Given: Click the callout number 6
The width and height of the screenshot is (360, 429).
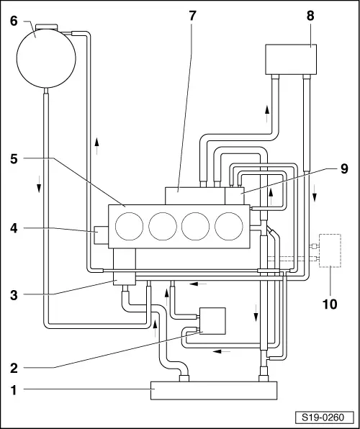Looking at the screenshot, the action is coord(14,22).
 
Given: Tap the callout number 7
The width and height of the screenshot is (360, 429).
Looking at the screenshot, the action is coord(192,16).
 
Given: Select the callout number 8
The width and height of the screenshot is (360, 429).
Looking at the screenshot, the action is coord(310,16).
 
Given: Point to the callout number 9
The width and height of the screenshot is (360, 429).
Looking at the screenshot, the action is coord(344,169).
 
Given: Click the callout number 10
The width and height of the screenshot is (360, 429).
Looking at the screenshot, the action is coord(330,304).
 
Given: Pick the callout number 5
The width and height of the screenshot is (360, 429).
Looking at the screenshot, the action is coord(14,159).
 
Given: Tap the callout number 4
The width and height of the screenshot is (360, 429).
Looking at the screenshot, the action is coord(14,228).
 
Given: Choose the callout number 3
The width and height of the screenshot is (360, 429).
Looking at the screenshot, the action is coord(14,296).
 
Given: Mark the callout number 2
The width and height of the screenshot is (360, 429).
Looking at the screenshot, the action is coord(14,369).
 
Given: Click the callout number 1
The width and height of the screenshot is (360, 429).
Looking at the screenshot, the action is coord(14,390).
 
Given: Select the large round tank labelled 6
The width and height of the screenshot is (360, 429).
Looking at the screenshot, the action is coord(46,58).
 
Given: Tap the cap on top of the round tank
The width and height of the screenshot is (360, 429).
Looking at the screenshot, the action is coord(47,27).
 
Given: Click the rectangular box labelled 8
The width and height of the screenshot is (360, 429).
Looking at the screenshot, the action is coord(291,59).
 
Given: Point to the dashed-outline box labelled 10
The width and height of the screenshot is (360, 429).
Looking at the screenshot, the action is coord(330,250).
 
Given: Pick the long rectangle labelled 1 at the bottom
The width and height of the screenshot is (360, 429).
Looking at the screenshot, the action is coord(214,390).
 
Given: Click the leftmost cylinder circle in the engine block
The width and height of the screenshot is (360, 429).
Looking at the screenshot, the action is coord(129,226).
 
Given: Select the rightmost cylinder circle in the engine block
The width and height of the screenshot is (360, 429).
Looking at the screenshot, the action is coord(229,226).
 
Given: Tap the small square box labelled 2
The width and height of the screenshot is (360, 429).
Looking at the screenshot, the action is coord(212,321).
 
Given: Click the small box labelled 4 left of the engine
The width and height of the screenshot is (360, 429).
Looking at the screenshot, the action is coord(101,235).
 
